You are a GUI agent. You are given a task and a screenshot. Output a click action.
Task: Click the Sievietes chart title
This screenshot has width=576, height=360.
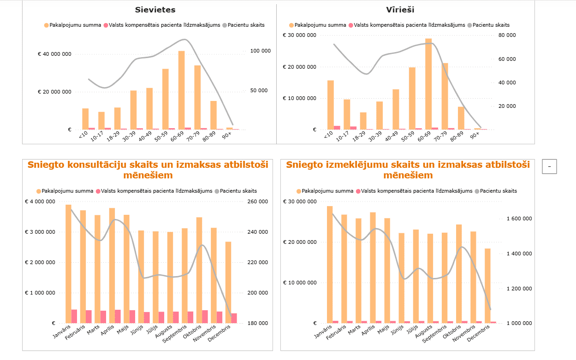click(155, 10)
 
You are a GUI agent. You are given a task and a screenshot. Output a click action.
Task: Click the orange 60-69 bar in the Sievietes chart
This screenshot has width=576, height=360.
click(181, 90)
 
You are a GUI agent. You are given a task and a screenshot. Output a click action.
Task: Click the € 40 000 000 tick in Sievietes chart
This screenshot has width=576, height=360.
click(54, 54)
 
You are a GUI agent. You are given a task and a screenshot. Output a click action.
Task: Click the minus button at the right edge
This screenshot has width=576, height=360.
click(549, 167)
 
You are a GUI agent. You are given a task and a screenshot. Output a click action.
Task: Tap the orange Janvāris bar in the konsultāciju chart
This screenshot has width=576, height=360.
click(68, 264)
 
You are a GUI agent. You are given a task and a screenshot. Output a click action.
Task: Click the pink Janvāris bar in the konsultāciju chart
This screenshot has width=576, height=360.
click(74, 316)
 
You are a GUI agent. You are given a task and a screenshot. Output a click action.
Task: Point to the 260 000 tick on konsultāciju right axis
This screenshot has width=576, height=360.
click(258, 202)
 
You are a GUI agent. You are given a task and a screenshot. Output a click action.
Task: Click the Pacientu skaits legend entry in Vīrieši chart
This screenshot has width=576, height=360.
click(491, 25)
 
